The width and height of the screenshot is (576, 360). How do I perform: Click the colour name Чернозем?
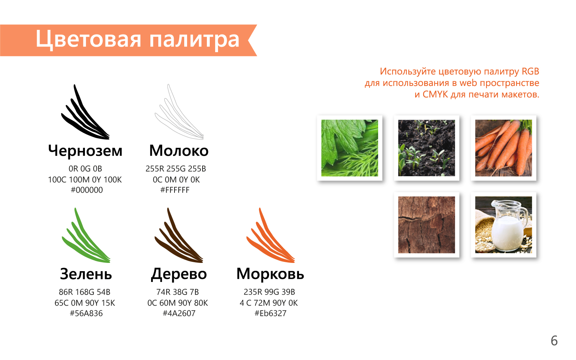85,151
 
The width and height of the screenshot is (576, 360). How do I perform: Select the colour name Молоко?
179,151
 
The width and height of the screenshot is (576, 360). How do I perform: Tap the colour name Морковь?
270,274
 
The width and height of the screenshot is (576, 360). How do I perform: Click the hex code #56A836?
86,313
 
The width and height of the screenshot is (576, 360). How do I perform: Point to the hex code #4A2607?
179,313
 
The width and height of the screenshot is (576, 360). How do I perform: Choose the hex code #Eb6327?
270,313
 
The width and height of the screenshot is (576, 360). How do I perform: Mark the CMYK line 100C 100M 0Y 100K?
85,179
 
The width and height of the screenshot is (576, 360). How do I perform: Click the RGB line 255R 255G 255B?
176,169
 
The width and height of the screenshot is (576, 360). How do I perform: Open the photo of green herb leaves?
350,148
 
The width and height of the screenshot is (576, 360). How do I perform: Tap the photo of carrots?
503,148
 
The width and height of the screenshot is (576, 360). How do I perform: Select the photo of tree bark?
427,225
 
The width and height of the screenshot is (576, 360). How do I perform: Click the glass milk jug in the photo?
509,226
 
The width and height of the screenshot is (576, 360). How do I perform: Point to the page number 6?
554,341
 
